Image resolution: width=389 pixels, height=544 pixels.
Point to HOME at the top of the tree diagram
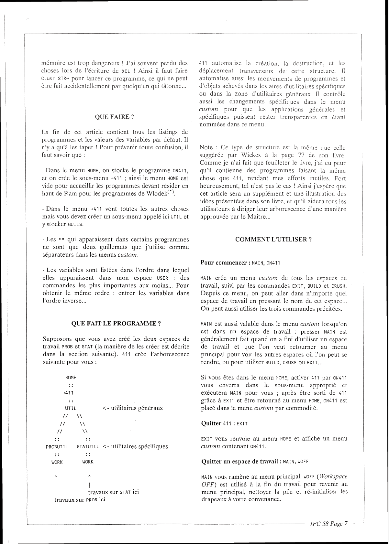tap(71, 377)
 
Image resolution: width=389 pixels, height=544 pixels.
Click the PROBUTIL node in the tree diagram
tap(57, 447)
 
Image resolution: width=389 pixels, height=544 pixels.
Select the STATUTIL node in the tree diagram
tap(87, 447)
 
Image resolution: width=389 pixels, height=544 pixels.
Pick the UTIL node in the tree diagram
tap(71, 408)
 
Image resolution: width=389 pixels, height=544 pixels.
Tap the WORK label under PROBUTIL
tap(57, 462)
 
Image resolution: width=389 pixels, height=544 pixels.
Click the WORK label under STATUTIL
tap(87, 462)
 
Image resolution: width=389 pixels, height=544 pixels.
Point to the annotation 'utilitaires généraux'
tap(133, 408)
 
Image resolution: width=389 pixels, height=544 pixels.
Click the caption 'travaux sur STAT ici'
tap(113, 492)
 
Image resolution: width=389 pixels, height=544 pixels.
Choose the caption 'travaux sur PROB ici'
tap(80, 499)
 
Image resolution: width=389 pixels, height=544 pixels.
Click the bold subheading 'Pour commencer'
tap(224, 262)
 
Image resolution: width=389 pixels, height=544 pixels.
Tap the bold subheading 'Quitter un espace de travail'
tap(240, 462)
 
